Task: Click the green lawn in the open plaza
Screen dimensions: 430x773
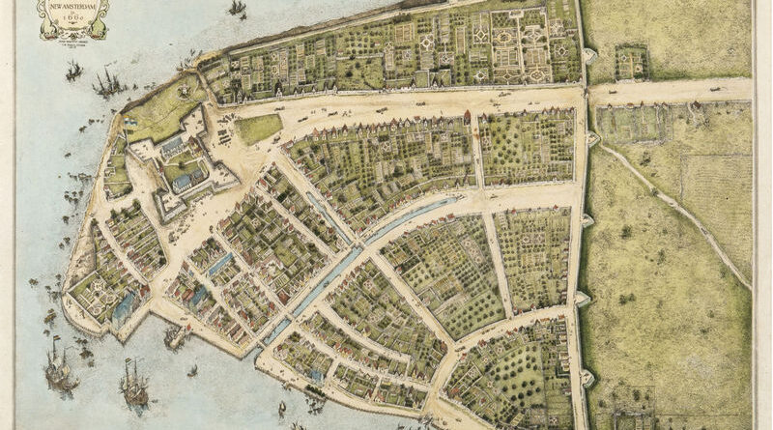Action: [x=258, y=128]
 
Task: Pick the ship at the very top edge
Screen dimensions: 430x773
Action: [x=237, y=8]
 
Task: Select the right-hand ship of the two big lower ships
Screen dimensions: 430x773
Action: [x=133, y=382]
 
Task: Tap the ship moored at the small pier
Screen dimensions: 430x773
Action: [x=175, y=335]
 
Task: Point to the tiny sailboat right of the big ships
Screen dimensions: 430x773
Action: [x=192, y=369]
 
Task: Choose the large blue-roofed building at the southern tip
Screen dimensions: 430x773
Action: [x=123, y=307]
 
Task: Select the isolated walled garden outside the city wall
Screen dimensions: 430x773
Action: [x=631, y=62]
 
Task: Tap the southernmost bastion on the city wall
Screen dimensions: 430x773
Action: [x=587, y=377]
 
